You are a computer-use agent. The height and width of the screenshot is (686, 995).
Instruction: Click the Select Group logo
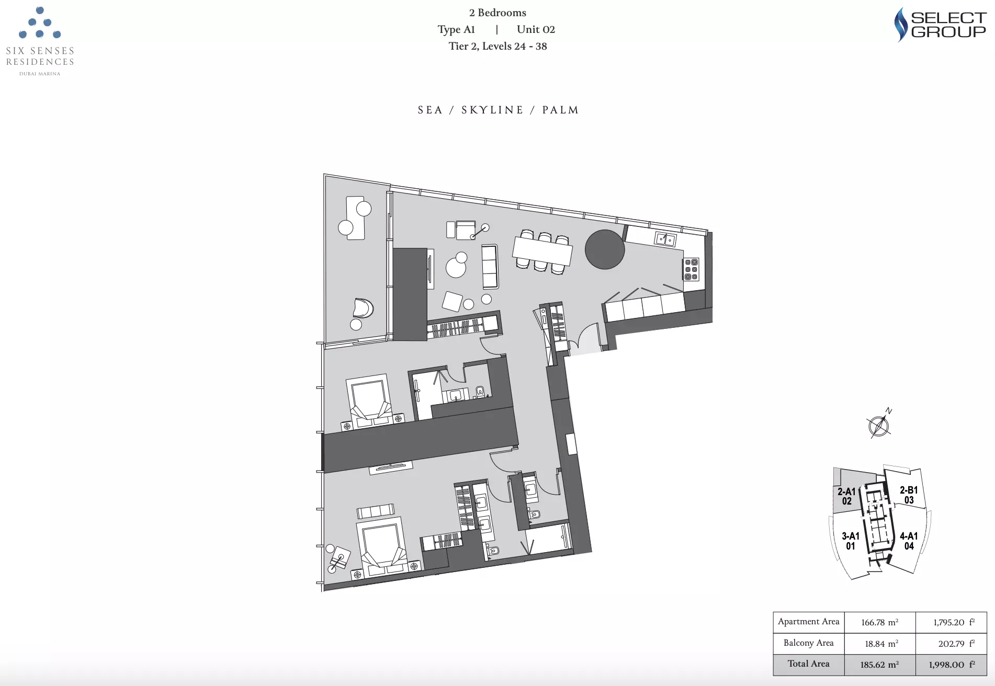[x=940, y=25]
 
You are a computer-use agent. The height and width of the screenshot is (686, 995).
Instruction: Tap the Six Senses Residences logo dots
[x=40, y=22]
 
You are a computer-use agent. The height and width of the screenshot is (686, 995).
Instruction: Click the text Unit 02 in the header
[x=536, y=29]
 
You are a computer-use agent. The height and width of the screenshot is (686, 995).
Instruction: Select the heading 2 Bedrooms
[x=497, y=13]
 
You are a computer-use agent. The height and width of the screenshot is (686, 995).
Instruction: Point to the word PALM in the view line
[x=560, y=110]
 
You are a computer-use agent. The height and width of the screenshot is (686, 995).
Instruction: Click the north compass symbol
[x=879, y=425]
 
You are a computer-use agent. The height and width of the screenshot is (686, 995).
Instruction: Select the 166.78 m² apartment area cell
[x=880, y=622]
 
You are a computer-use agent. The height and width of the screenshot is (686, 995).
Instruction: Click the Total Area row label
[x=809, y=664]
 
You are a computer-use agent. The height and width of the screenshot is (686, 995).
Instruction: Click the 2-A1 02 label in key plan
[x=846, y=496]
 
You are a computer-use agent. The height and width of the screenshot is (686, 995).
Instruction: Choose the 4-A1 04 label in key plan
[x=909, y=541]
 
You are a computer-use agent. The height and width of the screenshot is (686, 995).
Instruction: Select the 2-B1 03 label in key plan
[x=909, y=495]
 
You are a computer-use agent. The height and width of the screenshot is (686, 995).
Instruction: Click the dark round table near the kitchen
[x=605, y=249]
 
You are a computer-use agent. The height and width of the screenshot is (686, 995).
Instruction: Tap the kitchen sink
[x=665, y=239]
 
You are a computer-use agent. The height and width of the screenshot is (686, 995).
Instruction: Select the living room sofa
[x=490, y=267]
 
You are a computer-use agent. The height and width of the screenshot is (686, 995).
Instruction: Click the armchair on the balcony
[x=363, y=308]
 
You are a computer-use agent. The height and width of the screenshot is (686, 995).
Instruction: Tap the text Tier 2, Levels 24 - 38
[x=497, y=46]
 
